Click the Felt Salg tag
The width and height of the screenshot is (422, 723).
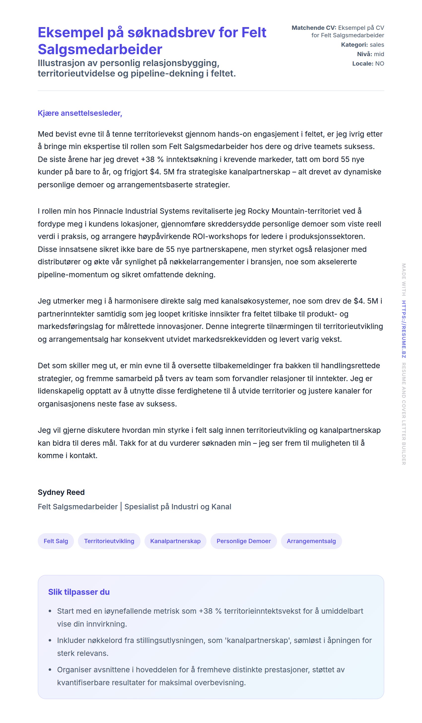coord(56,541)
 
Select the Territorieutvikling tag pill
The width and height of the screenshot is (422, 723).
coord(109,541)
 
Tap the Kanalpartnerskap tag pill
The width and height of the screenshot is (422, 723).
coord(175,541)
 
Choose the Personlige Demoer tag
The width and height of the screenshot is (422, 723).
coord(244,541)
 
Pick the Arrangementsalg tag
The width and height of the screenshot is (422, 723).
coord(311,541)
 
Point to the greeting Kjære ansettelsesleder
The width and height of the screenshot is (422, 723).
coord(80,113)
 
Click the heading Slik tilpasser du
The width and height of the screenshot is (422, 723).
coord(79,592)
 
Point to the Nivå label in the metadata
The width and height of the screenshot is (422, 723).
coord(364,54)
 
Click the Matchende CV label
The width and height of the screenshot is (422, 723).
coord(314,28)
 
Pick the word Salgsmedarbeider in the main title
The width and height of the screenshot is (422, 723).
coord(100,49)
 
